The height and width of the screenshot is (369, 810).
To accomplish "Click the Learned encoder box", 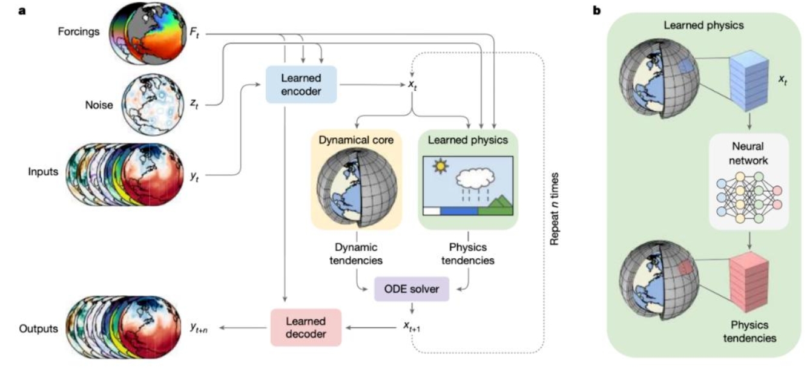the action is click(301, 85).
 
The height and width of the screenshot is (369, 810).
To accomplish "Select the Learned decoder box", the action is click(306, 327).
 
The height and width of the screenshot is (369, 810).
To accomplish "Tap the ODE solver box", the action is click(412, 289).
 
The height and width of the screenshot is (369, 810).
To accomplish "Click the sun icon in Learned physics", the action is click(441, 166).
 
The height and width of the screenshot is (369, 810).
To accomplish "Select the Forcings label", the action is click(79, 31).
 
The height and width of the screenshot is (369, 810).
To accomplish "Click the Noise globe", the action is click(153, 105).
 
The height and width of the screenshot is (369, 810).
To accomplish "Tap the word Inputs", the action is click(43, 171).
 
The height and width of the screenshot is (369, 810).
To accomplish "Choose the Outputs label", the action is click(38, 328).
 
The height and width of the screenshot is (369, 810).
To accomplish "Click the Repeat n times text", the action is click(554, 209).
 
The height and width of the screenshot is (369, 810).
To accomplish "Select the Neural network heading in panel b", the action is click(748, 153).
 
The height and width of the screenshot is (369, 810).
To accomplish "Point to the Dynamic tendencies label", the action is click(356, 253).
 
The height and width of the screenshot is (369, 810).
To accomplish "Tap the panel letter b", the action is click(597, 11).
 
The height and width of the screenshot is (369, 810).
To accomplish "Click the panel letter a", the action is click(22, 11).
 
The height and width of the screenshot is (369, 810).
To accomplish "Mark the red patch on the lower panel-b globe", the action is click(685, 268).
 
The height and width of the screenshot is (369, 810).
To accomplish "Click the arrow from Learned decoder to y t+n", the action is click(243, 328).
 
